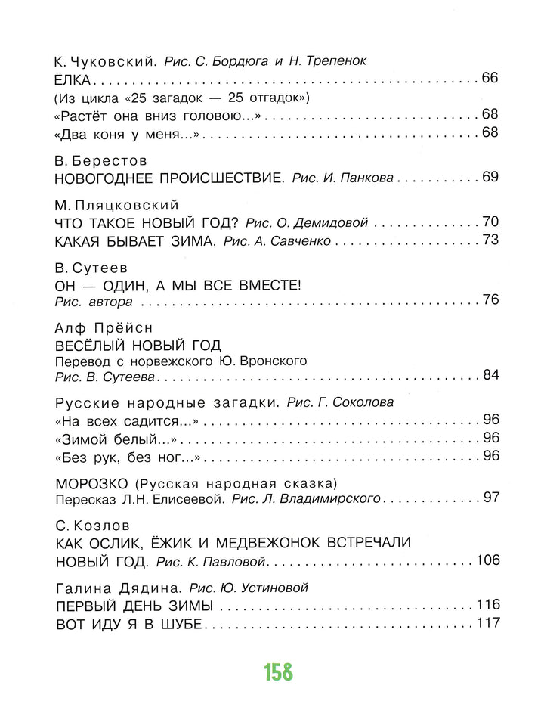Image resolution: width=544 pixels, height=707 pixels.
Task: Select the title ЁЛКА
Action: click(x=74, y=79)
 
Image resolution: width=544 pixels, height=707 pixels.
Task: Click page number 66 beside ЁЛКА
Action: click(x=490, y=79)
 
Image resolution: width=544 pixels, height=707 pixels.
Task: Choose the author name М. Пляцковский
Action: click(x=117, y=206)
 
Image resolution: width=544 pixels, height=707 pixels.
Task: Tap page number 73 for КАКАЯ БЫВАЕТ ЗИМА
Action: click(x=490, y=241)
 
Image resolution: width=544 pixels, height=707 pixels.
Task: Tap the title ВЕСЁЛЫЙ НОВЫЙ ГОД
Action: click(x=139, y=346)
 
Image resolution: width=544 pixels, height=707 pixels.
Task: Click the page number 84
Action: click(x=490, y=376)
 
